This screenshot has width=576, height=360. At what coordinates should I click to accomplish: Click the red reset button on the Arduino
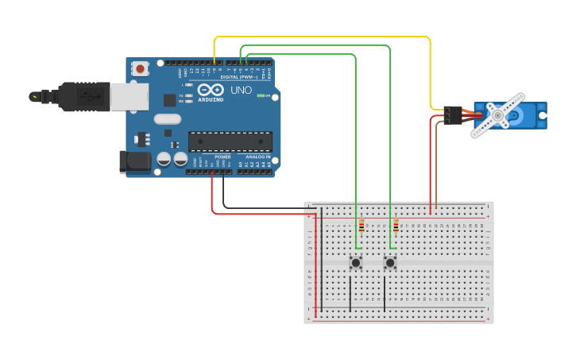click(141, 68)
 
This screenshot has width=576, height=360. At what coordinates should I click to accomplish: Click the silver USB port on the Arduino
click(127, 97)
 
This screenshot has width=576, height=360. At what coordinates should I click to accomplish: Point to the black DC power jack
click(134, 161)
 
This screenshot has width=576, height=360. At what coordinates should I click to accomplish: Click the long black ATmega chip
click(230, 141)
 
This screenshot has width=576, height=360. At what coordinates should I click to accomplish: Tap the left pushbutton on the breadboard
click(356, 262)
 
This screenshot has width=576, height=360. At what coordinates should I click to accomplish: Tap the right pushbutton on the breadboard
click(389, 262)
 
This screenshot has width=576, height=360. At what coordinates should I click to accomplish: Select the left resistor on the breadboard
click(361, 226)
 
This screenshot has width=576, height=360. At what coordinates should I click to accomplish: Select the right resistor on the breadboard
click(396, 226)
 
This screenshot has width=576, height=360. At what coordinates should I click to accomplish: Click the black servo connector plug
click(453, 115)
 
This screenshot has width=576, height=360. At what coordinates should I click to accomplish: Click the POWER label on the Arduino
click(222, 157)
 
